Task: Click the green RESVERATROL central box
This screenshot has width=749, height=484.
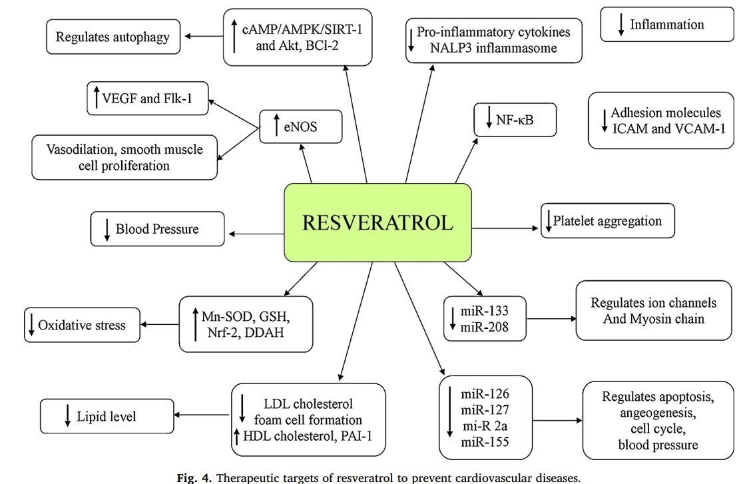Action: [377, 222]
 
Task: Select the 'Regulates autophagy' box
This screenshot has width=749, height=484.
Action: [113, 37]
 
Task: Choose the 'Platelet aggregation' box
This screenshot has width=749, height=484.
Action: [607, 221]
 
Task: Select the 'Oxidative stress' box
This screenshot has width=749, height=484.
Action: [83, 326]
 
